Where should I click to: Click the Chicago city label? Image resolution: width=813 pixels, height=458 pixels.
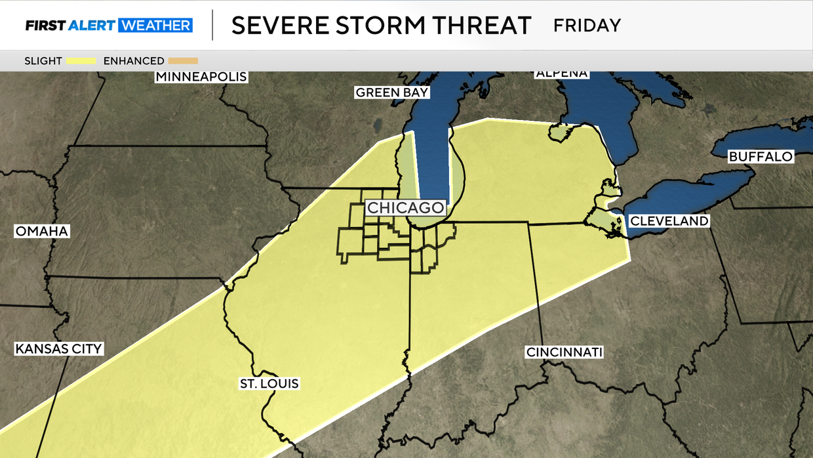tap(406, 207)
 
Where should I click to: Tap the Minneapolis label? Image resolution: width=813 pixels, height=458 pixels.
tap(201, 77)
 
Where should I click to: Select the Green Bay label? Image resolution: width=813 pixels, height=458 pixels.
tap(392, 93)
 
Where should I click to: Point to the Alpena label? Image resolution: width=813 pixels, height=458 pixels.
tap(562, 73)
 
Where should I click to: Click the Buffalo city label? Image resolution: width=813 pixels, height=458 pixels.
tap(761, 157)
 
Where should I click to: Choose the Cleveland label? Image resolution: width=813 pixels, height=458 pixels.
tap(669, 221)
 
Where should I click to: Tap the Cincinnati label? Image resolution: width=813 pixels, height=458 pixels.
tap(565, 352)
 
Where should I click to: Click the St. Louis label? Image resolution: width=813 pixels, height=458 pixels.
tap(269, 384)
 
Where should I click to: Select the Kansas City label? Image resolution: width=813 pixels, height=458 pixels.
tap(59, 348)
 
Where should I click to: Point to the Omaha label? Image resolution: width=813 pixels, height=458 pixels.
tap(42, 232)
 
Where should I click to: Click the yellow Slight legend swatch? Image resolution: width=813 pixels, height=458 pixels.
tap(81, 61)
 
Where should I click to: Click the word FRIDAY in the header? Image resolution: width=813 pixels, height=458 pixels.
tap(587, 26)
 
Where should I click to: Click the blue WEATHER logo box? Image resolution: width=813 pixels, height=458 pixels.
tap(155, 26)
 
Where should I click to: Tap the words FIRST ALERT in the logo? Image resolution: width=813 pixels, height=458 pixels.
tap(70, 26)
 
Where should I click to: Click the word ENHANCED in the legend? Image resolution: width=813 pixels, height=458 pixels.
tap(134, 61)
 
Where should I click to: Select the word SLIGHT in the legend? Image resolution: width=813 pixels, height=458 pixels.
tap(43, 61)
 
